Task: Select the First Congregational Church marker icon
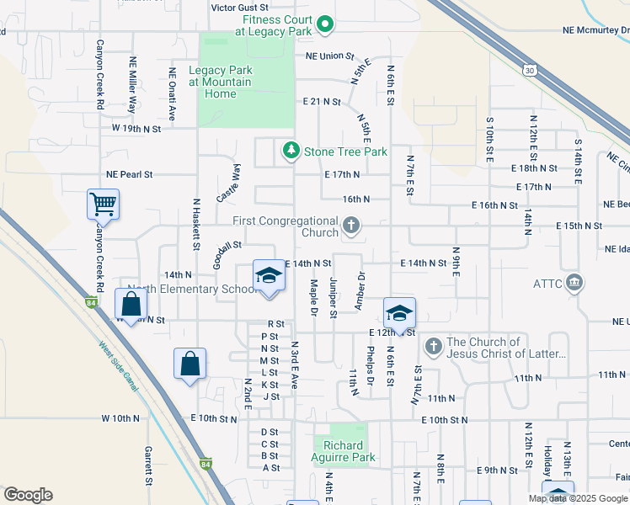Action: point(351,226)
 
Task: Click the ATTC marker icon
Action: point(575,280)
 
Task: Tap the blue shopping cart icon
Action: point(103,204)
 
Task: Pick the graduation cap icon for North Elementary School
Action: point(269,276)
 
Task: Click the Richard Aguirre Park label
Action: point(344,452)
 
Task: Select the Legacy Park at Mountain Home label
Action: point(220,82)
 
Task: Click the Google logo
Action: point(28,495)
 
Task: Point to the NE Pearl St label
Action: point(129,175)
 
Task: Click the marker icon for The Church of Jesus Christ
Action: point(433,346)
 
